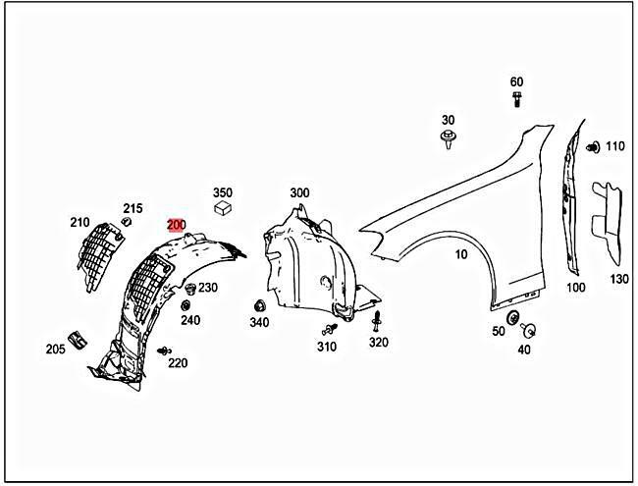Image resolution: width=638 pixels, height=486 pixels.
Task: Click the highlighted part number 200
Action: (x=176, y=225)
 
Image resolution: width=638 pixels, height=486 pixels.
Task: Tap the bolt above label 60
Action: (x=516, y=97)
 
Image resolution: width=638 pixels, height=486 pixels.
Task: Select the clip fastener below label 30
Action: (x=448, y=138)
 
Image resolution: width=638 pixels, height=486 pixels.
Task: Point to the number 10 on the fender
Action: (x=460, y=255)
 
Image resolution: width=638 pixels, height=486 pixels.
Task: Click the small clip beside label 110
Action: (x=593, y=147)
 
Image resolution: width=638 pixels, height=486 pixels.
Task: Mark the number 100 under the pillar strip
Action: (x=576, y=288)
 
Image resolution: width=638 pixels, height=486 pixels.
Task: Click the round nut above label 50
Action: (x=512, y=317)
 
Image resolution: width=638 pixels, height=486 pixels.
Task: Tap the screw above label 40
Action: (x=531, y=330)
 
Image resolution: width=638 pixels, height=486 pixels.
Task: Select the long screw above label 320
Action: (x=377, y=322)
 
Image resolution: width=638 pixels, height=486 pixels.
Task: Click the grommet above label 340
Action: (x=259, y=305)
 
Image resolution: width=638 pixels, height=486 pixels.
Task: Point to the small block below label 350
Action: (x=223, y=207)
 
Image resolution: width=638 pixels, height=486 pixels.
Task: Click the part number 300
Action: (x=299, y=193)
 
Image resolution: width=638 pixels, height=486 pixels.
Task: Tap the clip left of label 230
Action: (x=190, y=290)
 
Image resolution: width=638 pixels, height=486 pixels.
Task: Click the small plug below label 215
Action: (x=127, y=224)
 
